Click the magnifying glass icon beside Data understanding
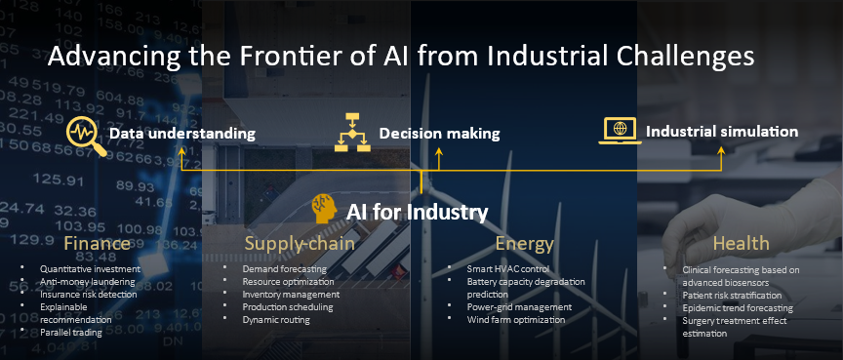[86, 137]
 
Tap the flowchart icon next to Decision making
[352, 133]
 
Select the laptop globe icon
[620, 131]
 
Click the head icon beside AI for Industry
[324, 209]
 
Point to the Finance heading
[97, 243]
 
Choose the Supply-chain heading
[300, 243]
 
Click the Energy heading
[524, 244]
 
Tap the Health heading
[742, 243]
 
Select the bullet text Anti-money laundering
[88, 282]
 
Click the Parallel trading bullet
[71, 332]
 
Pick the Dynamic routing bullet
[276, 320]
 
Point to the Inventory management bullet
[291, 295]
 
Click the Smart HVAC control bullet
[508, 268]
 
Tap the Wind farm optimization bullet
[516, 320]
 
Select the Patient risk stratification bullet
[732, 296]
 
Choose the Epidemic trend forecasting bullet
[738, 308]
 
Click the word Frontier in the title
[292, 57]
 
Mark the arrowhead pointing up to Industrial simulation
[721, 152]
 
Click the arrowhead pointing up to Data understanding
[181, 152]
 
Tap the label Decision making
[439, 134]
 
